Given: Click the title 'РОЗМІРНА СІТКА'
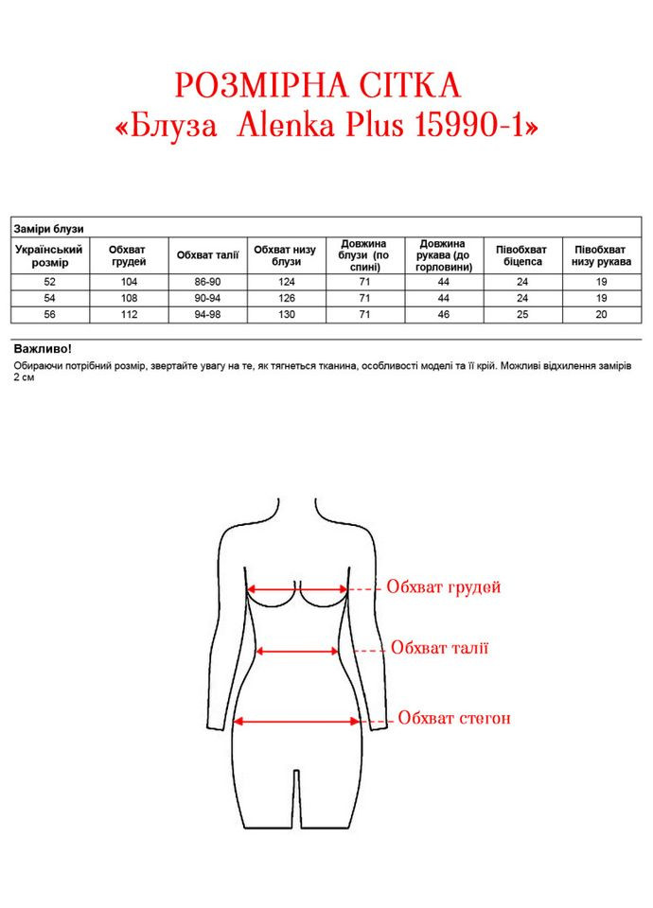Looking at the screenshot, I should [x=317, y=86].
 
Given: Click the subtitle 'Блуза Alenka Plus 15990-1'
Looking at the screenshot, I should [x=326, y=127].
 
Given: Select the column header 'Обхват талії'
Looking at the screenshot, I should [x=208, y=255].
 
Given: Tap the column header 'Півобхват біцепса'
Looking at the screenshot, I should [x=522, y=255].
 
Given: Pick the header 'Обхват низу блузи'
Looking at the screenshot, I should [x=286, y=255].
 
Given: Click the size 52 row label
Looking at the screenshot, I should [x=50, y=282].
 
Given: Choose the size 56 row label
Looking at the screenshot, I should [x=50, y=314].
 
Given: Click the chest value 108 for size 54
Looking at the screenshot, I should [x=129, y=298].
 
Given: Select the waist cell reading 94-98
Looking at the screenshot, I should [x=208, y=314].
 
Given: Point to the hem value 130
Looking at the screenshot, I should [x=286, y=314].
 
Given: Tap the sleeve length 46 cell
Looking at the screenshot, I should [x=444, y=314].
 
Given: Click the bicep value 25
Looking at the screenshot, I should [x=522, y=314].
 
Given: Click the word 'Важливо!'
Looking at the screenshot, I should [x=43, y=349].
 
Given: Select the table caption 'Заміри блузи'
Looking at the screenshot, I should [x=49, y=230].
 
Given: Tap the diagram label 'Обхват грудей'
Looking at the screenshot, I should [x=443, y=587].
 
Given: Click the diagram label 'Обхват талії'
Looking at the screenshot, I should [x=439, y=649].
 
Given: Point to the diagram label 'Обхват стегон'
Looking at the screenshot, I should [x=453, y=719].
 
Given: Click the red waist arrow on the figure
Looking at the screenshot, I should [x=298, y=651].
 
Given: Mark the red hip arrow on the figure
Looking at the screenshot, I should [x=297, y=721].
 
